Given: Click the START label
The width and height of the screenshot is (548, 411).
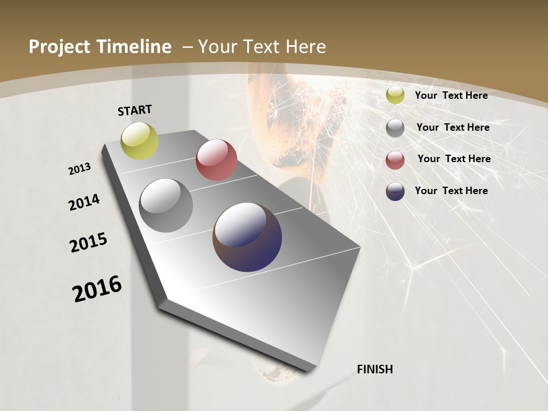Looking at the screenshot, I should click(x=135, y=110).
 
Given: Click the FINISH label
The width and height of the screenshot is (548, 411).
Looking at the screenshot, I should click(x=375, y=369).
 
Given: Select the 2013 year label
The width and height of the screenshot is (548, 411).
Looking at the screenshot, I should click(x=79, y=169).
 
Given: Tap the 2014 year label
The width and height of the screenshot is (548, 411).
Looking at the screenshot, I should click(x=84, y=202).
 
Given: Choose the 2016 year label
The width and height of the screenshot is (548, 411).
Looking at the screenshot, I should click(x=97, y=289).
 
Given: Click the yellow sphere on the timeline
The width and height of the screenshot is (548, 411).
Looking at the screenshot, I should click(x=140, y=141).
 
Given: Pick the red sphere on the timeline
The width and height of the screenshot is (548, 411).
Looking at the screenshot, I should click(x=216, y=160).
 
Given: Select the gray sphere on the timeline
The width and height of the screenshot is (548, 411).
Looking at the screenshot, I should click(x=166, y=205).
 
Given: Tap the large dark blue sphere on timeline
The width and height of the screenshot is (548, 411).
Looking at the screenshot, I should click(x=247, y=237).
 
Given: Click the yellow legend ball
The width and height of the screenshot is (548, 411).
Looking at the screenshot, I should click(x=395, y=95).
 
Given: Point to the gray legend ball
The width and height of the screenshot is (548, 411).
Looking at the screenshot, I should click(x=395, y=128).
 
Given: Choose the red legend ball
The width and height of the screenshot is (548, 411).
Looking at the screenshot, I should click(x=395, y=160).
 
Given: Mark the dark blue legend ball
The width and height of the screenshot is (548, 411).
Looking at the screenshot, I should click(x=395, y=191).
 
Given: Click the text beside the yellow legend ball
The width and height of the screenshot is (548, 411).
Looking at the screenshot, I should click(x=451, y=95).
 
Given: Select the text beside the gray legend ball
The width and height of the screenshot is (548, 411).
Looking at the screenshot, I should click(x=453, y=127).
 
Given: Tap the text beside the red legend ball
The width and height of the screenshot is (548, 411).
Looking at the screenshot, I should click(x=454, y=159).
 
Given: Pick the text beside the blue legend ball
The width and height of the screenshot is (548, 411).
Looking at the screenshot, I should click(x=451, y=191).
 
